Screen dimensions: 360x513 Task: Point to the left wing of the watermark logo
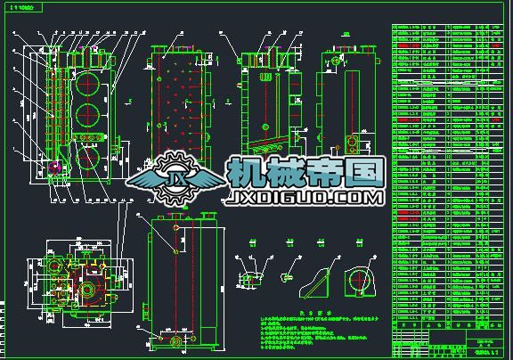pyautogui.click(x=143, y=179)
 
